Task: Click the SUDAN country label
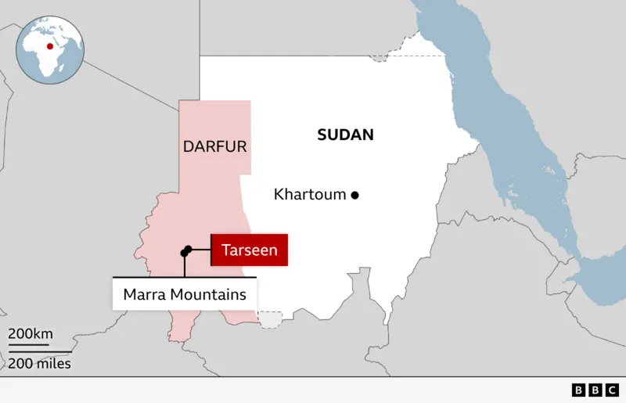click(345, 135)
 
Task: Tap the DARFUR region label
click(214, 146)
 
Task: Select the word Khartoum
click(310, 194)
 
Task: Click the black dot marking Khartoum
click(354, 195)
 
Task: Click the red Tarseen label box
click(250, 250)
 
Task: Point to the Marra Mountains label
click(185, 294)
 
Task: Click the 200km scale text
click(31, 334)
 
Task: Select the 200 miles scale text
click(39, 363)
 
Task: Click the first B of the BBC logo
click(579, 390)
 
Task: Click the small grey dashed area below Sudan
click(270, 319)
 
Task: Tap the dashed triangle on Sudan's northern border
click(380, 56)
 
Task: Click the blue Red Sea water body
click(509, 141)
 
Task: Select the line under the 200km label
click(29, 344)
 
